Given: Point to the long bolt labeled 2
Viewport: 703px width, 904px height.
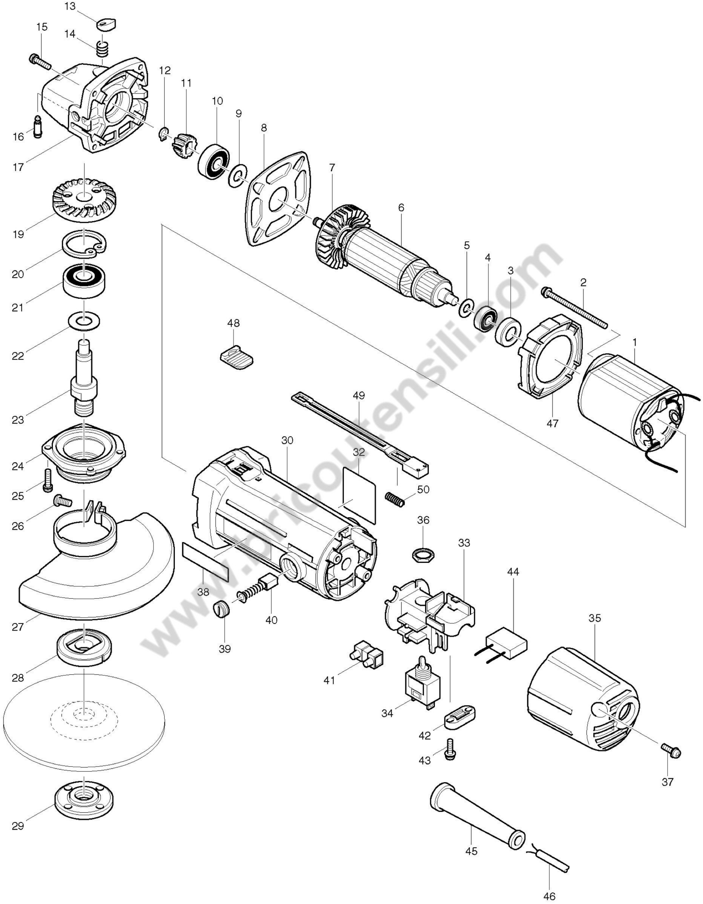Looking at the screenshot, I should (575, 308).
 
